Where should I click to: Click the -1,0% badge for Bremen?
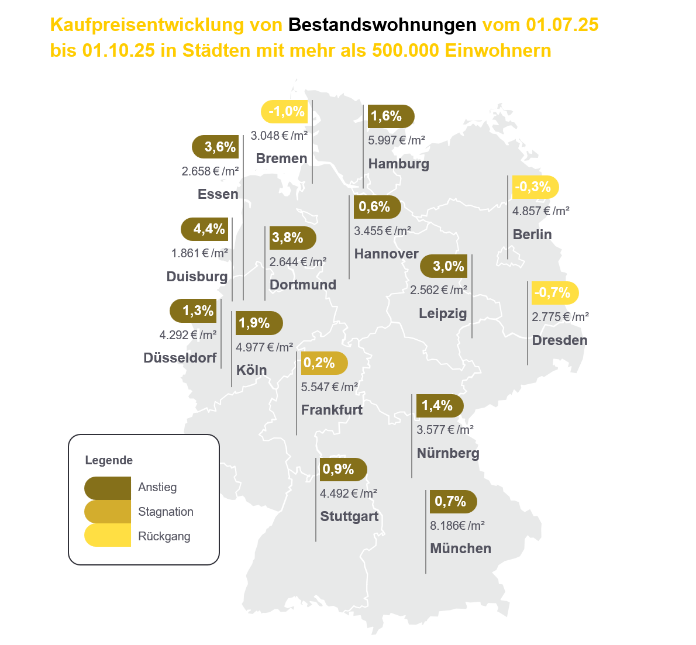click(285, 112)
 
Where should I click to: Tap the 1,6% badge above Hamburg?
click(389, 116)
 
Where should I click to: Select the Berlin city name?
click(532, 234)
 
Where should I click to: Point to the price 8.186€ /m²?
click(457, 526)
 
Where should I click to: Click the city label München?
click(460, 549)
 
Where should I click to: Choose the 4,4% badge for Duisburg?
click(205, 229)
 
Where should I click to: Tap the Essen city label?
click(218, 194)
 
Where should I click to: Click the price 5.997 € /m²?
click(397, 140)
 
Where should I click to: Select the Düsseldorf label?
click(180, 358)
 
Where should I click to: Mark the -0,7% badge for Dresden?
click(554, 293)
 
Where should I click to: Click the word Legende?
click(109, 460)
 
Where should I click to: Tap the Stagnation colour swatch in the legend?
click(108, 512)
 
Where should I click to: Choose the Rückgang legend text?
click(164, 536)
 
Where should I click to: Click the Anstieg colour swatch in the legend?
click(108, 488)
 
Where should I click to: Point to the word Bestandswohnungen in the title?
click(383, 25)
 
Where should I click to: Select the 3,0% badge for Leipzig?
click(445, 267)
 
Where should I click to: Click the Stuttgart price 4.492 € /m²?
click(349, 494)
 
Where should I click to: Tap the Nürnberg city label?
click(448, 453)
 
